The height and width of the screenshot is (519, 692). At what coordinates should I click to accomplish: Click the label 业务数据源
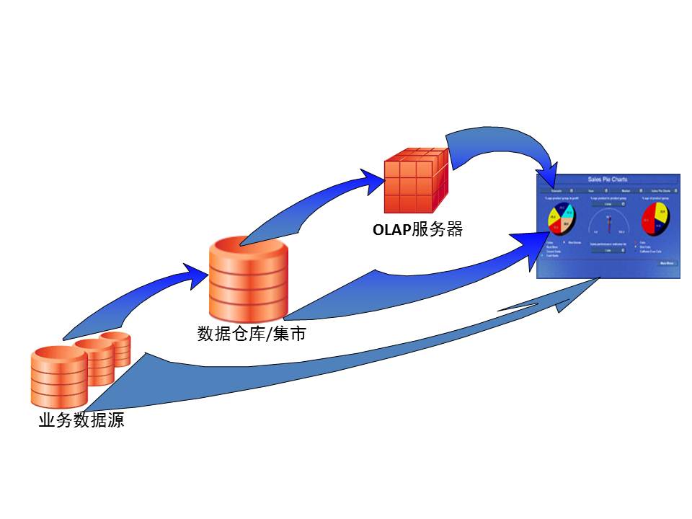(x=81, y=420)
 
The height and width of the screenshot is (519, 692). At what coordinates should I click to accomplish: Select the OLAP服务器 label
(x=417, y=230)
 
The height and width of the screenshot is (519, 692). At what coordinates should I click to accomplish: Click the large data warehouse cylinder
(x=248, y=281)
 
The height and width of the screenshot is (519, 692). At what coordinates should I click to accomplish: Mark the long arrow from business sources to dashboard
(x=324, y=360)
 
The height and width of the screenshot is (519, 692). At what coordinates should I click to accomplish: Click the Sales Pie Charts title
(x=608, y=179)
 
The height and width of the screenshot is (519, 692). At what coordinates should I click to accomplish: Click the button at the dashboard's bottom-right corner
(x=667, y=264)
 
